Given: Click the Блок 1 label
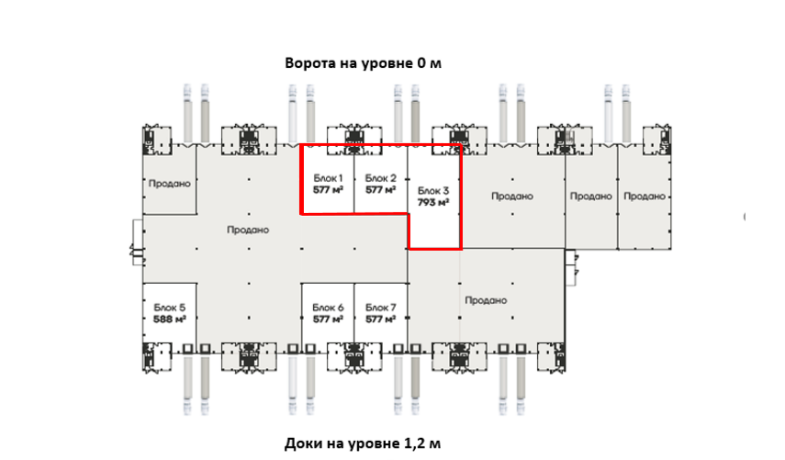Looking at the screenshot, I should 328,177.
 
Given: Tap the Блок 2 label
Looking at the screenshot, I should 380,177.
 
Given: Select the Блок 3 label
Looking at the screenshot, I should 432,190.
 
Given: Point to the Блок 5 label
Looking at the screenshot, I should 170,308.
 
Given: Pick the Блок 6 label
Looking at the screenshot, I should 328,308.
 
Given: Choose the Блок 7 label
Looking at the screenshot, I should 380,308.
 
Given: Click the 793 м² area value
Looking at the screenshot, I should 432,202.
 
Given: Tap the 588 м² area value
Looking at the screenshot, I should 170,320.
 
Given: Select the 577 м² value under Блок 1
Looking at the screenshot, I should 328,190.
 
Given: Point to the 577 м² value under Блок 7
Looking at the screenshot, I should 380,320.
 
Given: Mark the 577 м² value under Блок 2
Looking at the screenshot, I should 380,190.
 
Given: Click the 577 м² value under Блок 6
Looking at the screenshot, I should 328,320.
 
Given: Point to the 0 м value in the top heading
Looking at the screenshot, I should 432,63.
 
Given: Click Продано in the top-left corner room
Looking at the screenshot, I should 169,183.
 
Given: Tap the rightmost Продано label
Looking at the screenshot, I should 644,196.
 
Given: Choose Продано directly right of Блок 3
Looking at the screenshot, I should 511,196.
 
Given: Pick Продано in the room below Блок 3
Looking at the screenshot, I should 486,299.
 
